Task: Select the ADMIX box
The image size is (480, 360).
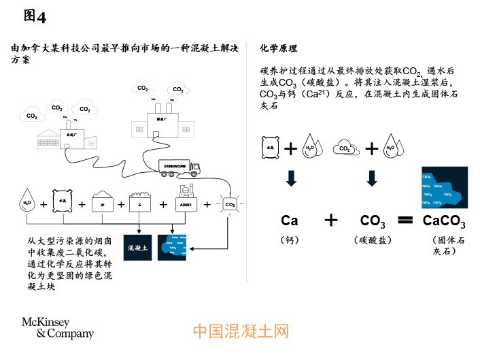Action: coord(186,203)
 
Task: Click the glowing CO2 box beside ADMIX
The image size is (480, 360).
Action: coord(230,203)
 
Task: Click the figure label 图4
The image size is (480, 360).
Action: coord(35,14)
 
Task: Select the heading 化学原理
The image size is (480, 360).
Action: coord(279,49)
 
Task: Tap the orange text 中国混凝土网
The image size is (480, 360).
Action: coord(240,331)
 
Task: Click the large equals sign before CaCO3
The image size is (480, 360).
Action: coord(405,220)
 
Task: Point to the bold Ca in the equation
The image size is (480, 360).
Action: coord(290,220)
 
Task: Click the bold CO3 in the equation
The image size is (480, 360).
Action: coord(373,220)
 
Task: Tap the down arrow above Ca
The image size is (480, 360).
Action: coord(291,178)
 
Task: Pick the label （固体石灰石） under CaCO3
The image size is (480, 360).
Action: coord(444,246)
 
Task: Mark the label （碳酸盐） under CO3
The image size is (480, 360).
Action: coord(373,240)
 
